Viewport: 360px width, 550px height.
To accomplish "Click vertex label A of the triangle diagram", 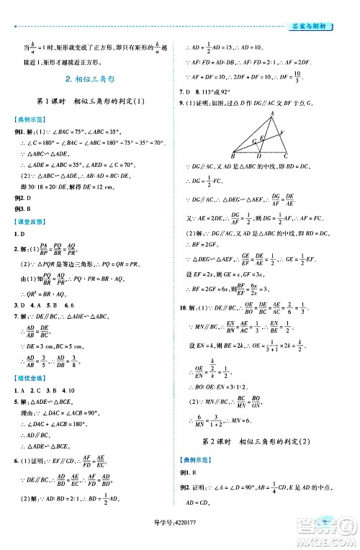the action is (272, 113).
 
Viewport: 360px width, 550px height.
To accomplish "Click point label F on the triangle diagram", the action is (282, 132).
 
